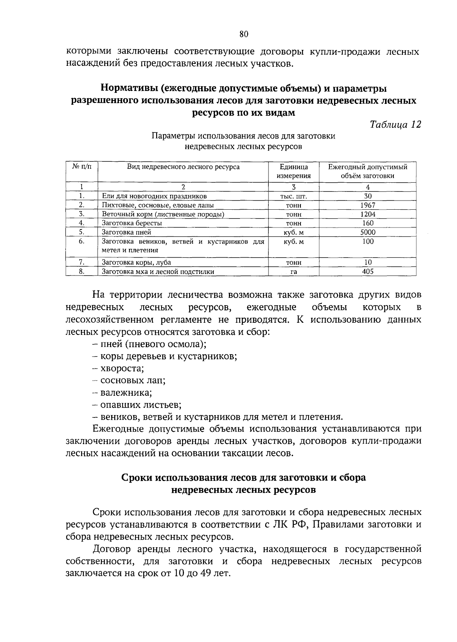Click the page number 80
pyautogui.click(x=244, y=35)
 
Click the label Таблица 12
pyautogui.click(x=396, y=124)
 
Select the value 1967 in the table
pyautogui.click(x=368, y=205)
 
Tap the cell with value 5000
pyautogui.click(x=368, y=232)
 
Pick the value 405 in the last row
pyautogui.click(x=368, y=271)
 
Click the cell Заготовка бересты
pyautogui.click(x=131, y=223)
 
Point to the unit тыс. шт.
pyautogui.click(x=293, y=196)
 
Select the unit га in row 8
pyautogui.click(x=293, y=272)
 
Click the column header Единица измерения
pyautogui.click(x=293, y=171)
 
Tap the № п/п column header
pyautogui.click(x=81, y=167)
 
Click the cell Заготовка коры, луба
pyautogui.click(x=136, y=262)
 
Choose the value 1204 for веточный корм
pyautogui.click(x=368, y=214)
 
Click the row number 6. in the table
pyautogui.click(x=81, y=241)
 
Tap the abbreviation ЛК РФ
pyautogui.click(x=289, y=524)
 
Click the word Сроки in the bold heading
pyautogui.click(x=136, y=477)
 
